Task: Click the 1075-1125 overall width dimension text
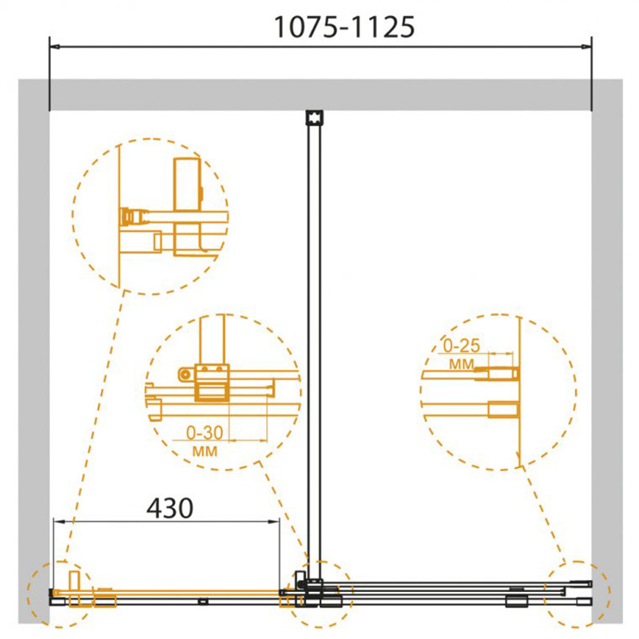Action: [x=345, y=27]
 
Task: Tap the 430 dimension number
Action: [x=169, y=508]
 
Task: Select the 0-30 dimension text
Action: [x=204, y=433]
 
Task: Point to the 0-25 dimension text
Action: [x=462, y=346]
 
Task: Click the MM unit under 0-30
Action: [x=204, y=451]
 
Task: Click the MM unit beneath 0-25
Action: [x=462, y=364]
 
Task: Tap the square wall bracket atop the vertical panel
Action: [x=314, y=117]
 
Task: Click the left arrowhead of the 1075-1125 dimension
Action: [x=54, y=47]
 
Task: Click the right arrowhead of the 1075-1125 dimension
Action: [x=586, y=47]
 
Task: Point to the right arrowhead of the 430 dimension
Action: [x=274, y=522]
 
